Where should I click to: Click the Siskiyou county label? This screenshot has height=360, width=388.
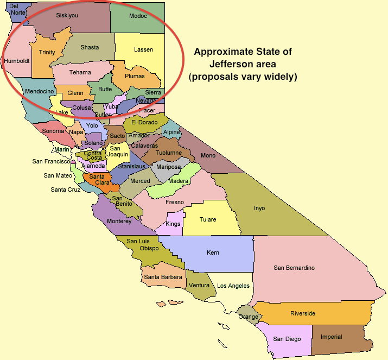coord(67,15)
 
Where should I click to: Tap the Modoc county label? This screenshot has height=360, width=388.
coord(138,16)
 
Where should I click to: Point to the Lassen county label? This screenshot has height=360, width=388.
coord(143,49)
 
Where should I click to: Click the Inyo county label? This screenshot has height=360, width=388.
coord(259,208)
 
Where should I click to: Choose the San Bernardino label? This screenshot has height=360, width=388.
coord(294,268)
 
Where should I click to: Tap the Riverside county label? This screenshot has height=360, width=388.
coord(302,313)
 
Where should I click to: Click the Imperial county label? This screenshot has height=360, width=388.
coord(331,337)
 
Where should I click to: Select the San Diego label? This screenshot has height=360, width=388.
coord(287,339)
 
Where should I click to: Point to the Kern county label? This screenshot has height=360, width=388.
coord(213,252)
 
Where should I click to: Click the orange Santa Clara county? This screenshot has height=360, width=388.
coord(98,179)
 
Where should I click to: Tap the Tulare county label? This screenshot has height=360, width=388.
coord(207,219)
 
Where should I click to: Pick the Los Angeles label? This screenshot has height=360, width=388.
coord(233,286)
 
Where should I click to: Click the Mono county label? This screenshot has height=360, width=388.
coord(208,155)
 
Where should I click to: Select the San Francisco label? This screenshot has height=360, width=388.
coord(52,161)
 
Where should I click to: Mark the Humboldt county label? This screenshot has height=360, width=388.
coord(16,61)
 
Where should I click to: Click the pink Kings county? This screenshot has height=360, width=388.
coord(173,224)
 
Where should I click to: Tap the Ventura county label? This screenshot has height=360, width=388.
coord(199,286)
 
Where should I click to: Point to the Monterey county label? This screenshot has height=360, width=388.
coord(119,221)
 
